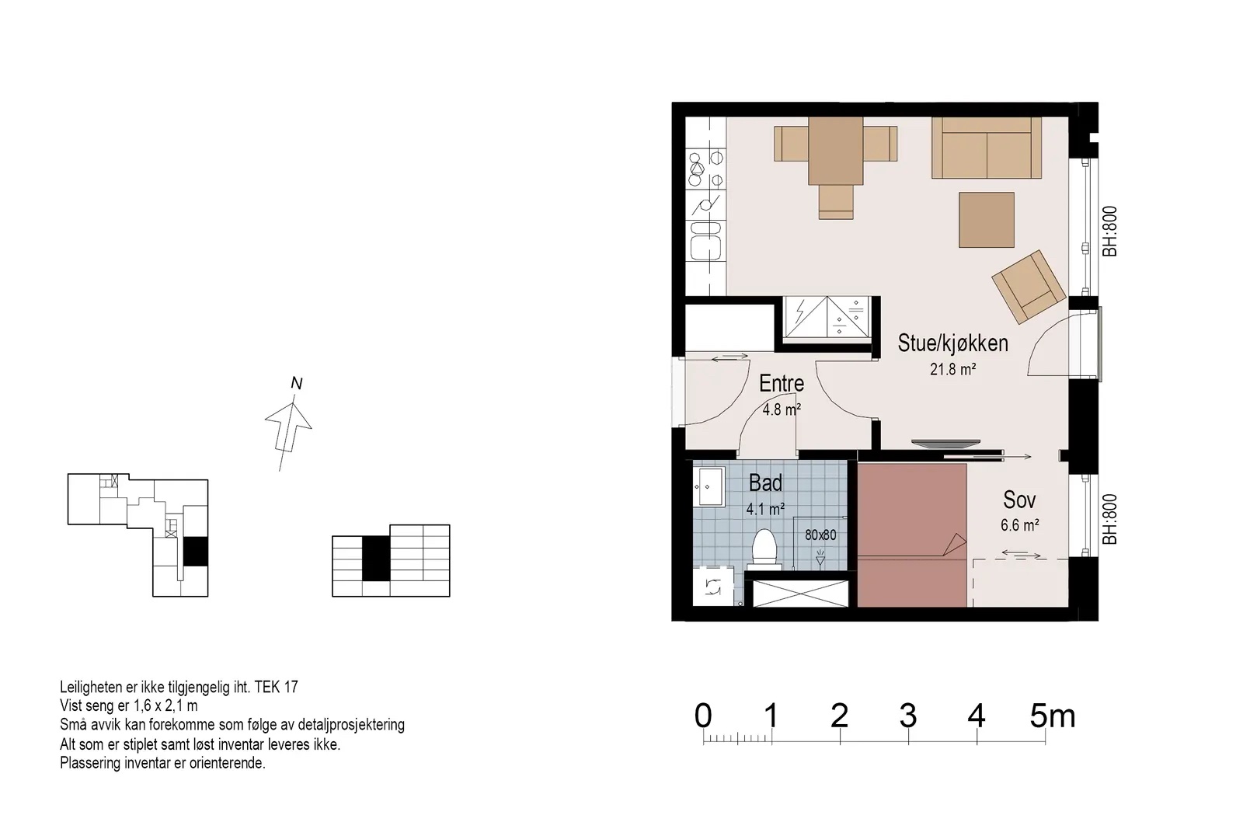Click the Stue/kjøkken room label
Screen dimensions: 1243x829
(x=952, y=343)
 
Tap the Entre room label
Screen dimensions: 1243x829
(x=782, y=384)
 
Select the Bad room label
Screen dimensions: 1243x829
(x=765, y=483)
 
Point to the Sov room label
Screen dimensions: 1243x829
(x=1019, y=500)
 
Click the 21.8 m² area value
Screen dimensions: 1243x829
(x=952, y=369)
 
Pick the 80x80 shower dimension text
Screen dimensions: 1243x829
(x=820, y=535)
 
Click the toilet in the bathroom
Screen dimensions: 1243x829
(x=764, y=549)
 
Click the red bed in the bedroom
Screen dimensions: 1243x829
(x=912, y=535)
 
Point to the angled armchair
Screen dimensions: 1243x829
(x=1029, y=287)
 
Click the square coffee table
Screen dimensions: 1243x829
(x=987, y=220)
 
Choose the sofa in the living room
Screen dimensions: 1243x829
(x=986, y=148)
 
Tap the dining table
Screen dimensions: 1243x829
(x=835, y=151)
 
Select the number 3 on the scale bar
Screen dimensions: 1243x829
(x=908, y=716)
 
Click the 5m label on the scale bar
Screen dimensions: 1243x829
(x=1053, y=716)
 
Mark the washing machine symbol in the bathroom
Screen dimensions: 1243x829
(x=713, y=586)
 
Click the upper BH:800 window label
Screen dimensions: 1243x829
(x=1109, y=232)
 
